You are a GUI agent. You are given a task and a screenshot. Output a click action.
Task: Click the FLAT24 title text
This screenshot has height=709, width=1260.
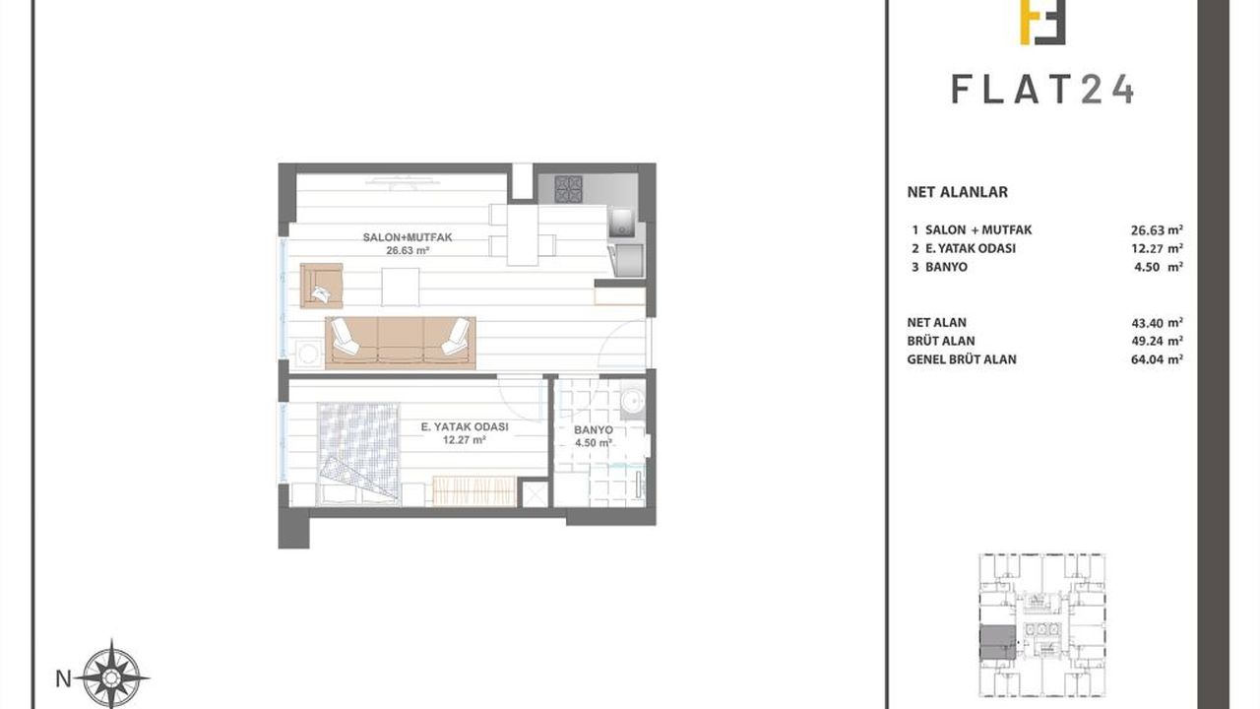tap(1042, 90)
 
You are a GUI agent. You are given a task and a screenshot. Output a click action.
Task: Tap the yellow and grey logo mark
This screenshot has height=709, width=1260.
tap(1042, 22)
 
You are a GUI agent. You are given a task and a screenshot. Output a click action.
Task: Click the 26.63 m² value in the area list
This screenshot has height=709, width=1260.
tap(1157, 229)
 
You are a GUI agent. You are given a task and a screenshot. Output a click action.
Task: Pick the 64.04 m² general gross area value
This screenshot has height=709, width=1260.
tap(1157, 359)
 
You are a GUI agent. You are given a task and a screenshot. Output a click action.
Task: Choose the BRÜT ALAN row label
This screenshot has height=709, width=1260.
tap(941, 341)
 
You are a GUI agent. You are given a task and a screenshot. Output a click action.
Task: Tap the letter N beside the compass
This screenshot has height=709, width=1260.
tap(64, 679)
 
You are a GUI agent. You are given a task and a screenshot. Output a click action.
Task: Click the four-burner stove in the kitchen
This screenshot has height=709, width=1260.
tap(569, 189)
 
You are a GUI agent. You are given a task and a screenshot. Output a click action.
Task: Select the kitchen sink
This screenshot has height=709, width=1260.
tap(621, 222)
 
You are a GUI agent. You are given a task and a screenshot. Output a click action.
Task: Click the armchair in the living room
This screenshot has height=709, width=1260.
tap(321, 286)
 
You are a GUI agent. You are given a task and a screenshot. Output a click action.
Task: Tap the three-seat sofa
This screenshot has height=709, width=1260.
tap(401, 343)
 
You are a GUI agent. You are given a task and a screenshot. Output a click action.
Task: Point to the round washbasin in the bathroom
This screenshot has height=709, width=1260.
tap(633, 400)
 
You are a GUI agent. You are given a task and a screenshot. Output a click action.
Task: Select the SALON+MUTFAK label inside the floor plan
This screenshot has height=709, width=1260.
tap(408, 237)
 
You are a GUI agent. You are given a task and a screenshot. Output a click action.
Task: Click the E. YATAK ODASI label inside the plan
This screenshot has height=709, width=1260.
tap(465, 427)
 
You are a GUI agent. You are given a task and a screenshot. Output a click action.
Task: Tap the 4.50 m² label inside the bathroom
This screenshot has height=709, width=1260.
tap(594, 443)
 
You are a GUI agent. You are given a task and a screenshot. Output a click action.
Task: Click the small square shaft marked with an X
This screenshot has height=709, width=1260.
tap(535, 493)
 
